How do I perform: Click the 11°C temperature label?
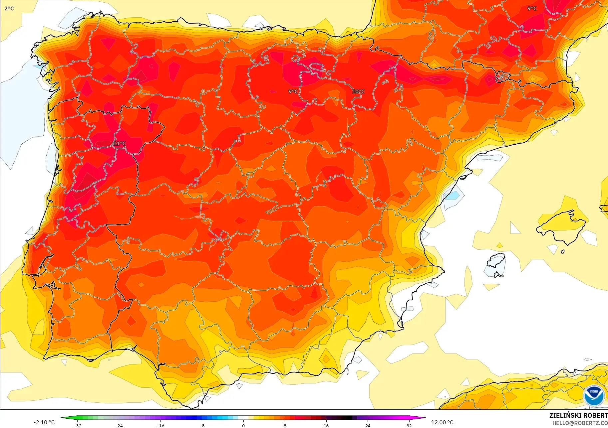(119, 144)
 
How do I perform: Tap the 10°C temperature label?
(358, 91)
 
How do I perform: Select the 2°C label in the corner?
(9, 8)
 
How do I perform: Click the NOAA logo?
(594, 395)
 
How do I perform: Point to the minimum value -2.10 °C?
(44, 422)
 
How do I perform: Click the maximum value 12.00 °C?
(442, 422)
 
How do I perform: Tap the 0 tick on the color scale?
(243, 426)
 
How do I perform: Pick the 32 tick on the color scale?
(409, 426)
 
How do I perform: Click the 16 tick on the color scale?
(326, 426)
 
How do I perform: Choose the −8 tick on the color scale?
(202, 426)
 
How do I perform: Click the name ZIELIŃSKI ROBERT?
(578, 415)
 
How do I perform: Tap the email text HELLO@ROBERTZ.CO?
(580, 423)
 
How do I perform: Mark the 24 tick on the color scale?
(368, 426)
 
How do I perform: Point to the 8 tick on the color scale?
(285, 426)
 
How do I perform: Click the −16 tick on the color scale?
(160, 426)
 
